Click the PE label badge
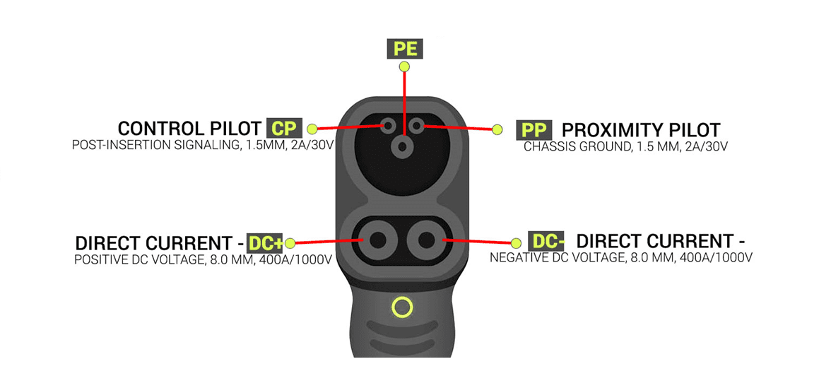point(404,49)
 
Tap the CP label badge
point(284,128)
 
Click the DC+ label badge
point(265,243)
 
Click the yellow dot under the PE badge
point(404,66)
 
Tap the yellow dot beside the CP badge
point(312,129)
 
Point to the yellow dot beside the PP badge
point(497,129)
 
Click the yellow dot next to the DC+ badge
point(290,243)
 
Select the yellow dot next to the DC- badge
point(516,243)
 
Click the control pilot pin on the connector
point(389,126)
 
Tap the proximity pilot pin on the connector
point(417,126)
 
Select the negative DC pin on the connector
point(425,240)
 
